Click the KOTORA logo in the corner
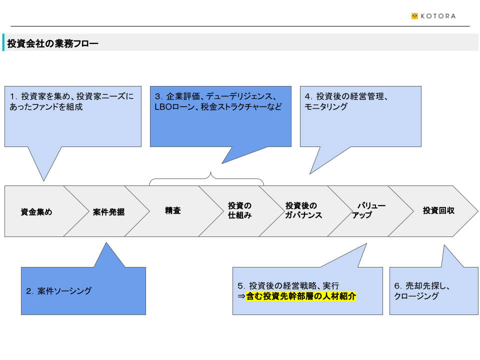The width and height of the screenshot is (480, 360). (x=433, y=16)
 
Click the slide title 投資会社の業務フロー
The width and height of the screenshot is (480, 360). (x=52, y=43)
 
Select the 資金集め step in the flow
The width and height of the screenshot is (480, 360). (x=36, y=212)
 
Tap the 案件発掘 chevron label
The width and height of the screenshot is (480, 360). (x=108, y=212)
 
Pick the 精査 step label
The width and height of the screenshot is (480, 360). (x=173, y=210)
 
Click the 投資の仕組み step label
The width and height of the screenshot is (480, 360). (x=239, y=210)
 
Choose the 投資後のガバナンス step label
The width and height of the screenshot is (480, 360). (x=303, y=210)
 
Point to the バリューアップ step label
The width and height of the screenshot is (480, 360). (x=368, y=210)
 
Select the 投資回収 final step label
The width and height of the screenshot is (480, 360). (x=438, y=210)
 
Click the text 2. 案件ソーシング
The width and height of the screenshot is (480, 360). (x=59, y=291)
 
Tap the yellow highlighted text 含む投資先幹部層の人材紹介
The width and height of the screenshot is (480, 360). (x=301, y=296)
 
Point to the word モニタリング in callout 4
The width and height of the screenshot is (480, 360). (x=326, y=106)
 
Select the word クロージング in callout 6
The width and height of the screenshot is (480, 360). (x=416, y=296)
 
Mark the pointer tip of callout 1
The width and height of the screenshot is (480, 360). (x=44, y=181)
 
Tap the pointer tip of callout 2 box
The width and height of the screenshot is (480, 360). (x=106, y=243)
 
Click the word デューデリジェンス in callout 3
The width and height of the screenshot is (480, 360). (x=239, y=96)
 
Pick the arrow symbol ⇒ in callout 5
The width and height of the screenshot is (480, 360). (x=241, y=296)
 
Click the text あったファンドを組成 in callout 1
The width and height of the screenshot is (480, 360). (x=46, y=107)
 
